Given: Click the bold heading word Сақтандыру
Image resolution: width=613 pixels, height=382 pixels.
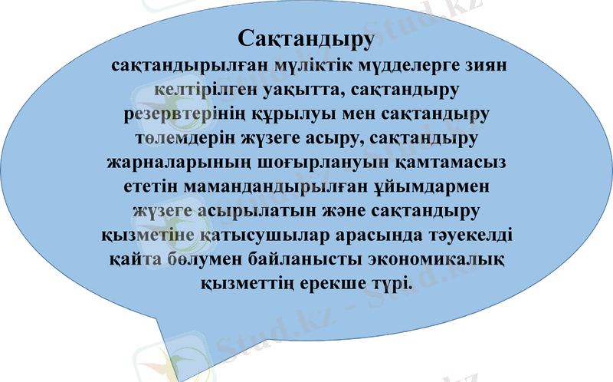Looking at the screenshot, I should pos(306,38).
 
